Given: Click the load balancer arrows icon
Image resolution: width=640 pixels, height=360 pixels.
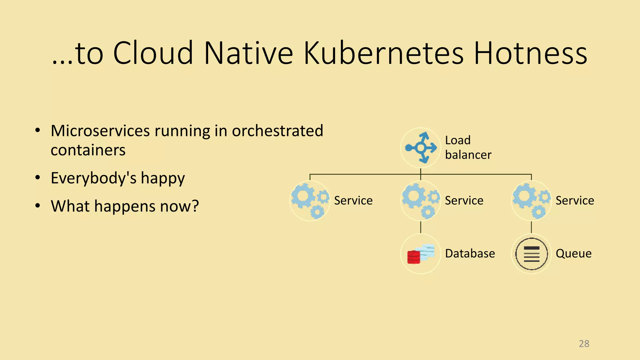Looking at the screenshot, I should coord(421,147).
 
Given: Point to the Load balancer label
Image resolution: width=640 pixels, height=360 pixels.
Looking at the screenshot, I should coord(468,147).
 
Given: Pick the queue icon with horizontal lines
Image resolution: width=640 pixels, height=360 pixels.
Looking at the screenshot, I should coord(531,254).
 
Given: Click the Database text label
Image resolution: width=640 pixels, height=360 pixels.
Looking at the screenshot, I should coord(470,253).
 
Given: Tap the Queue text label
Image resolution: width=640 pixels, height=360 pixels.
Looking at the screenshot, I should coord(573,253).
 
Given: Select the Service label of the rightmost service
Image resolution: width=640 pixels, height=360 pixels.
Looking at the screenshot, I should coord(575,201).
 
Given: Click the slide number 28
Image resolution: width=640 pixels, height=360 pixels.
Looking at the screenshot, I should coord(584,344).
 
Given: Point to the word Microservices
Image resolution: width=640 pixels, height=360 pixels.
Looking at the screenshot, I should coord(100,131).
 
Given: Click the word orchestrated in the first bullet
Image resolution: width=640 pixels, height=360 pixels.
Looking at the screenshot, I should coord(277,131).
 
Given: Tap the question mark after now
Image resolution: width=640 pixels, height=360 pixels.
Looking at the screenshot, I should coord(195,206).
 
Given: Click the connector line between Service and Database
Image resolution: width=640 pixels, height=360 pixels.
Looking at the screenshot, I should coord(421,227).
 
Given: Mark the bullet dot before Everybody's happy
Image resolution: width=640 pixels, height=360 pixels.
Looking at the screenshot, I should coord(38,178).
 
